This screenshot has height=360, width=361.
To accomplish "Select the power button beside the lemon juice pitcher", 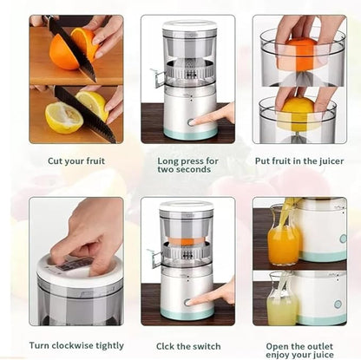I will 338,304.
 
